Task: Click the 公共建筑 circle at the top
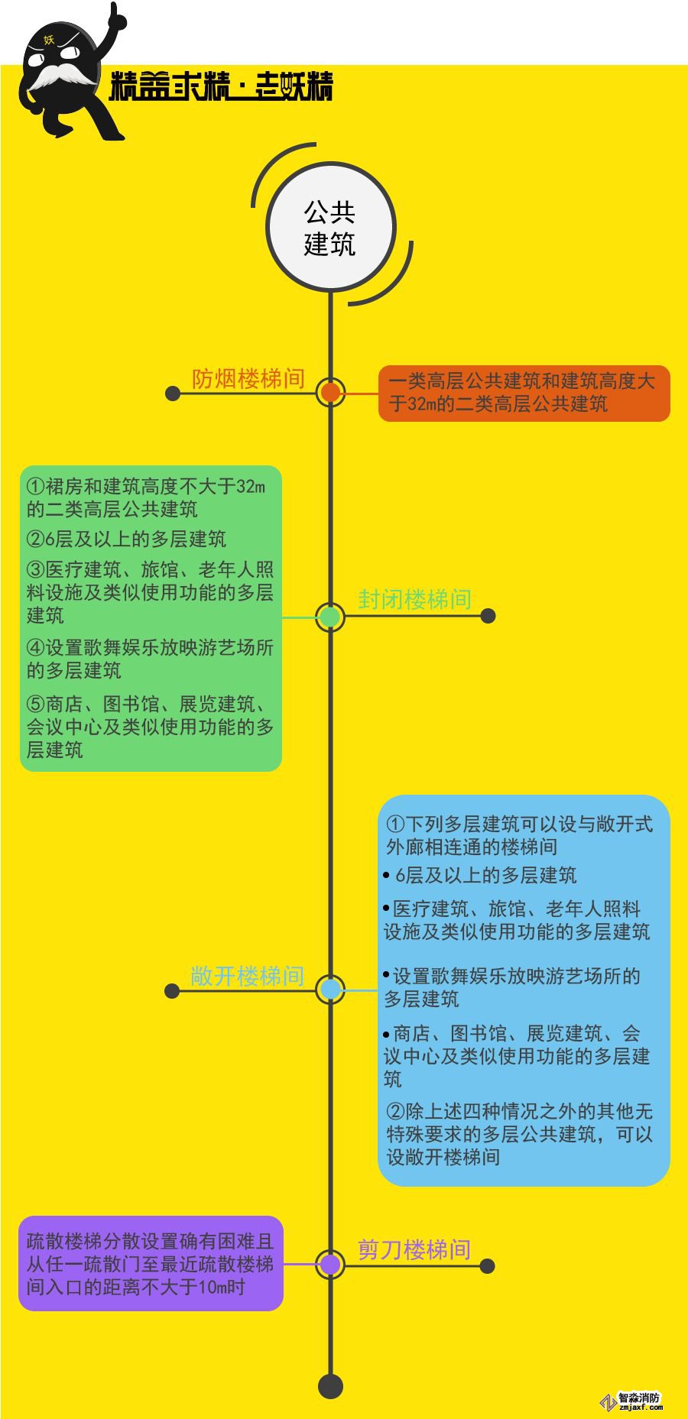pyautogui.click(x=330, y=227)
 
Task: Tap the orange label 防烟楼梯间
pyautogui.click(x=248, y=378)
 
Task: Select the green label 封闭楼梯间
pyautogui.click(x=414, y=600)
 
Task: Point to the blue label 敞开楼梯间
pyautogui.click(x=247, y=976)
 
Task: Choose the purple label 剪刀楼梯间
pyautogui.click(x=414, y=1249)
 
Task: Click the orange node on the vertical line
pyautogui.click(x=330, y=393)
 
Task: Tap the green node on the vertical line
pyautogui.click(x=330, y=617)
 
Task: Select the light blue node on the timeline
pyautogui.click(x=330, y=990)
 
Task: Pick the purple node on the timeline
pyautogui.click(x=330, y=1265)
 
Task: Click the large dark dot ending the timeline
pyautogui.click(x=330, y=1386)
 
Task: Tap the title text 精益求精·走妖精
pyautogui.click(x=222, y=86)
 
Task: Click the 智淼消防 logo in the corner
pyautogui.click(x=633, y=1401)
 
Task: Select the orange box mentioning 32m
pyautogui.click(x=524, y=393)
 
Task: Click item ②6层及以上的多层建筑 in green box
pyautogui.click(x=127, y=539)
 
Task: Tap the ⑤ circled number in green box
pyautogui.click(x=35, y=704)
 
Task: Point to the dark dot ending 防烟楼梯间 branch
pyautogui.click(x=173, y=394)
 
